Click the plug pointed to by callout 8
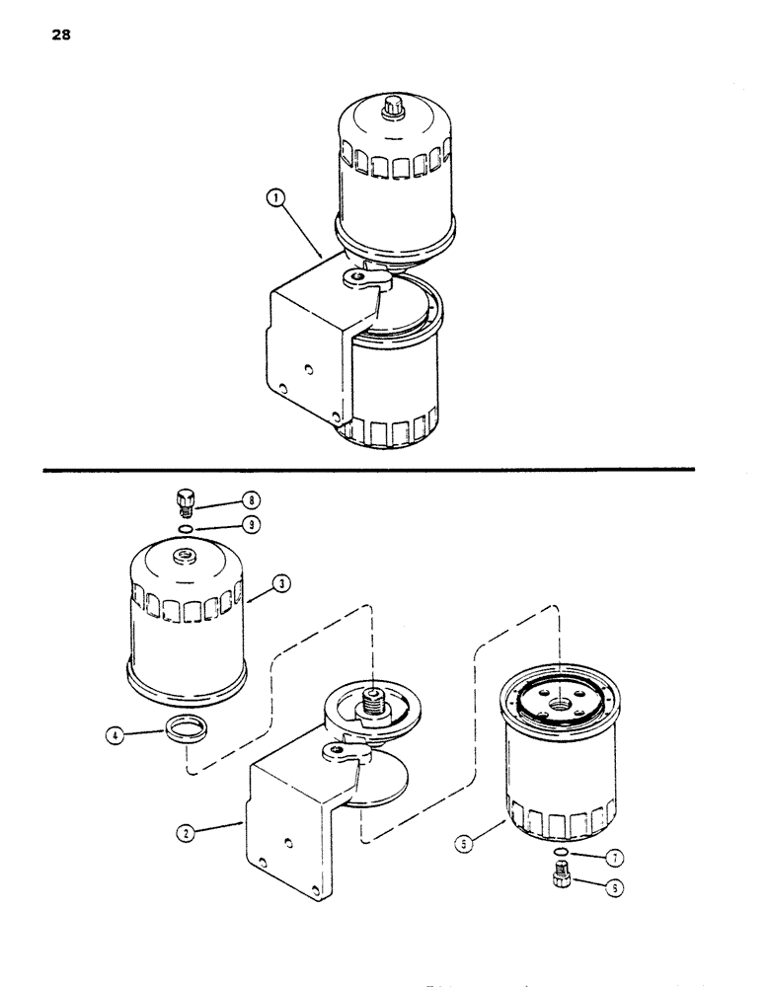(x=185, y=502)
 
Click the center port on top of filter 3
(x=185, y=559)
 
